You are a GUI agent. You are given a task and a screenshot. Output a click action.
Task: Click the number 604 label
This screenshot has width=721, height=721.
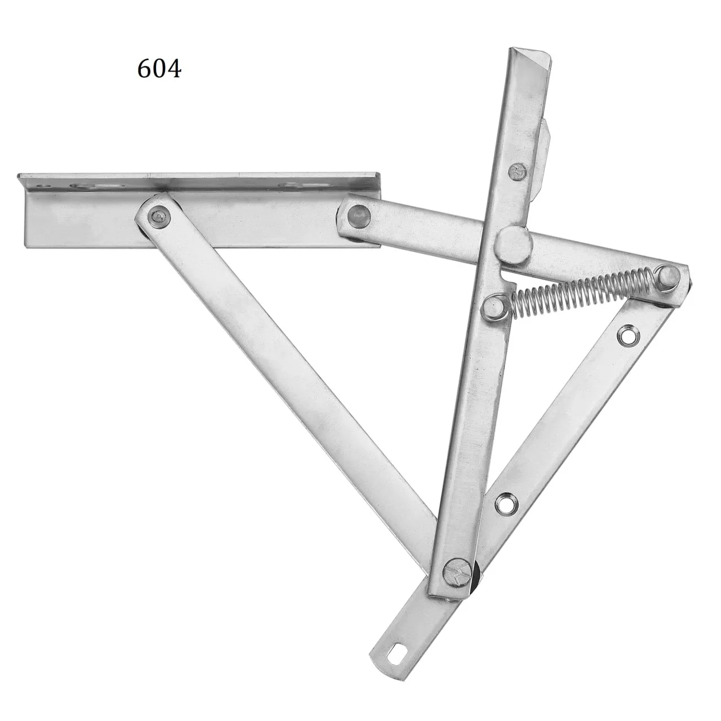coord(159,69)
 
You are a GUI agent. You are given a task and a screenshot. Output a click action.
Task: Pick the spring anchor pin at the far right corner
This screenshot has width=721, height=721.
coord(669,277)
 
